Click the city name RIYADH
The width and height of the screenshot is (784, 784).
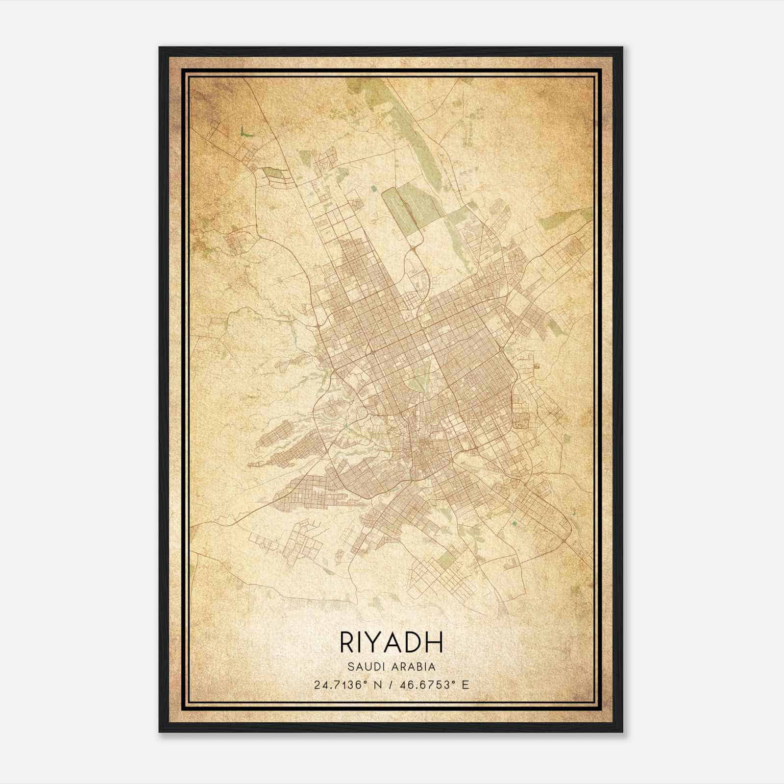tap(391, 642)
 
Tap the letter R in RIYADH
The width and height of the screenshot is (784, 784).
tap(345, 642)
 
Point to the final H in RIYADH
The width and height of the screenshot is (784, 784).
tap(435, 642)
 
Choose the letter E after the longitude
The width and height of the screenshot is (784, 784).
tap(466, 685)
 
